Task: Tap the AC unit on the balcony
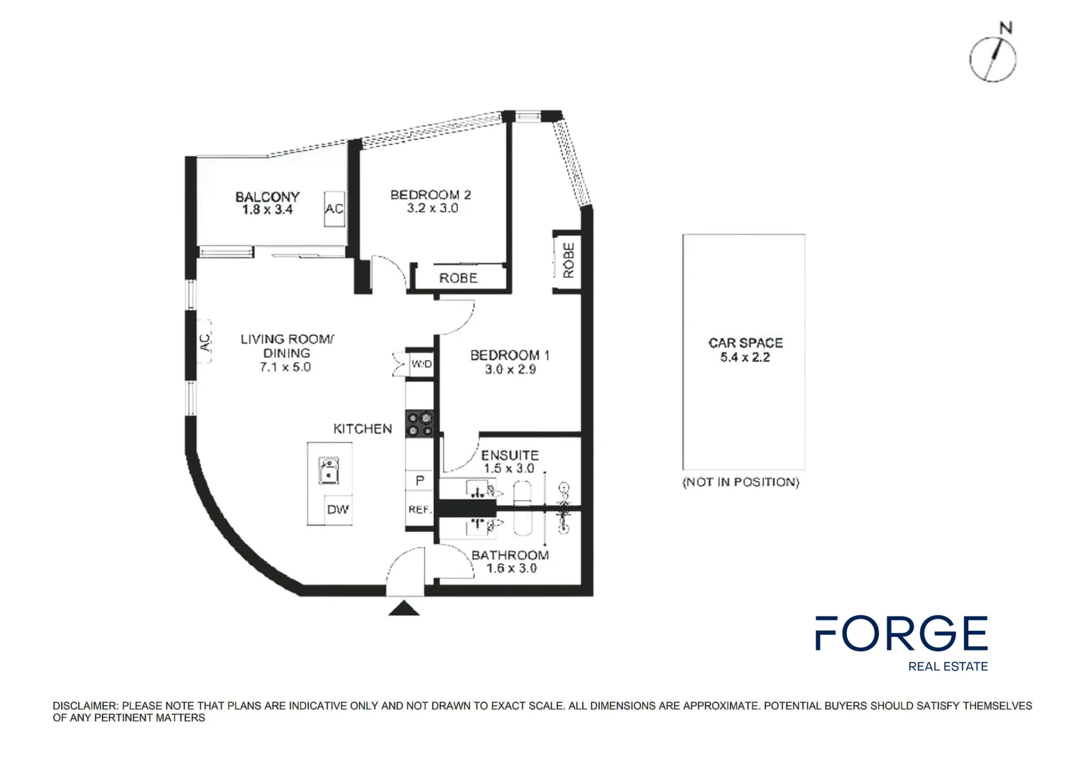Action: (334, 209)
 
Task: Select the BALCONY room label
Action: (268, 196)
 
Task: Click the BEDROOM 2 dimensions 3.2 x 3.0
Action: (432, 208)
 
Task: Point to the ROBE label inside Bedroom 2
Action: (458, 278)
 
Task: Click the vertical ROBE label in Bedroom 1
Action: (568, 260)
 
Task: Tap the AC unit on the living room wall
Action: (204, 342)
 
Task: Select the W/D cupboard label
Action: (421, 364)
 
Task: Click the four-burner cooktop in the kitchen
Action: (420, 424)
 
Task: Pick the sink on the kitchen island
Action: (329, 470)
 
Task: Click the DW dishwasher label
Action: (338, 509)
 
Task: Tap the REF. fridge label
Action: (420, 509)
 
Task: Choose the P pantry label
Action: (420, 481)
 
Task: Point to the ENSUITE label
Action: (510, 455)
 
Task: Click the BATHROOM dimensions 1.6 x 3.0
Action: (511, 568)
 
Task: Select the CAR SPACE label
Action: (745, 342)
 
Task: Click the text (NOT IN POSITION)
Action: (740, 482)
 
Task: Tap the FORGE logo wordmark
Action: (901, 633)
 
